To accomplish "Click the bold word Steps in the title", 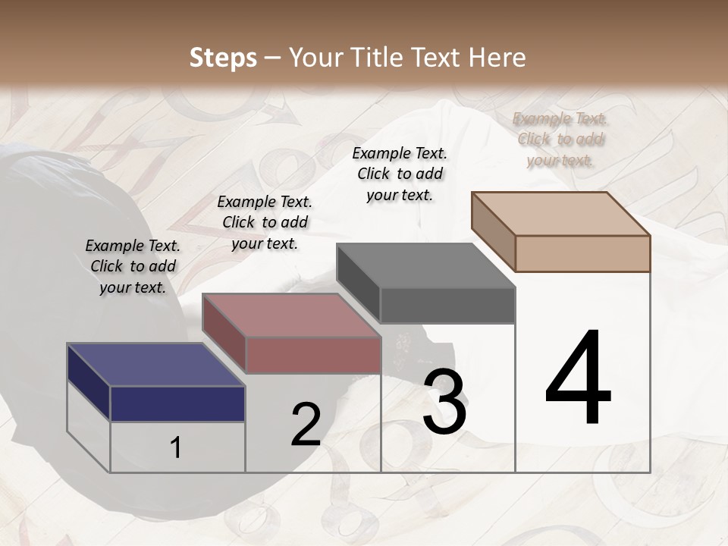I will point(222,58).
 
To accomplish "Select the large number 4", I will point(578,379).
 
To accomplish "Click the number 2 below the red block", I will point(306,425).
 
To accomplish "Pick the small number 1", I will point(176,447).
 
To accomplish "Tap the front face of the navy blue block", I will point(177,403).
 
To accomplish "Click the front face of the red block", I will point(312,355).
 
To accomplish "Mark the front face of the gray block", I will point(447,306).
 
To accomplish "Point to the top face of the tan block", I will point(561,214).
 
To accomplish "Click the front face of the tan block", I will point(582,253).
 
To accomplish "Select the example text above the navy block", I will point(133,266).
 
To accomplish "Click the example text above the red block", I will point(265,222).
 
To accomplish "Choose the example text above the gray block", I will point(400,174).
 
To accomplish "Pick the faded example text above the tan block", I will point(560,139).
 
